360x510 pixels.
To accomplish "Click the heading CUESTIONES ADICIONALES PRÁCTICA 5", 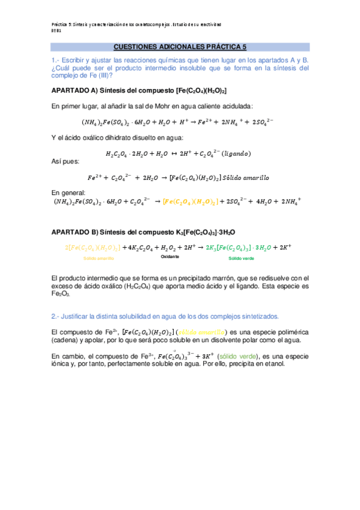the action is [x=180, y=46].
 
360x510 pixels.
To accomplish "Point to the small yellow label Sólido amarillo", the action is [x=98, y=258].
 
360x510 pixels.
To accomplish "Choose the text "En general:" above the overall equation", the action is [x=68, y=192].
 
